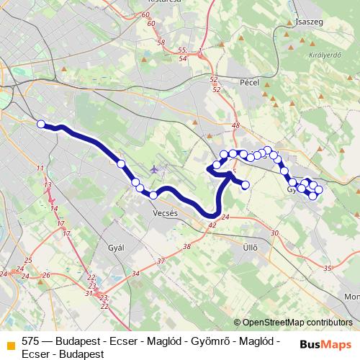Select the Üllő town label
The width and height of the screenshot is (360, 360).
[x=249, y=248]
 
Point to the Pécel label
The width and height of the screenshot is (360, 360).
[x=249, y=83]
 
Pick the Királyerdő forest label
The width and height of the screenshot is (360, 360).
[x=323, y=54]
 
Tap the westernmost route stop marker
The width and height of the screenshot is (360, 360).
[x=42, y=124]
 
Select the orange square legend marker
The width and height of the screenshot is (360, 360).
[x=10, y=344]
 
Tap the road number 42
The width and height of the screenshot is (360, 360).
[x=212, y=225]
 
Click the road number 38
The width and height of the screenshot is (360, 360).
[x=187, y=246]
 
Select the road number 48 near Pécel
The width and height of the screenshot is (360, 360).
[x=235, y=125]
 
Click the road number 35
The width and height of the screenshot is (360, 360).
[x=328, y=268]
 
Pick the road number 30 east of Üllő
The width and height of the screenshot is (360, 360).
[x=274, y=233]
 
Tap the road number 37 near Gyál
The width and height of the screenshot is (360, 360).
[x=161, y=261]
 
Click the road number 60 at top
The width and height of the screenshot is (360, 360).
[x=146, y=14]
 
